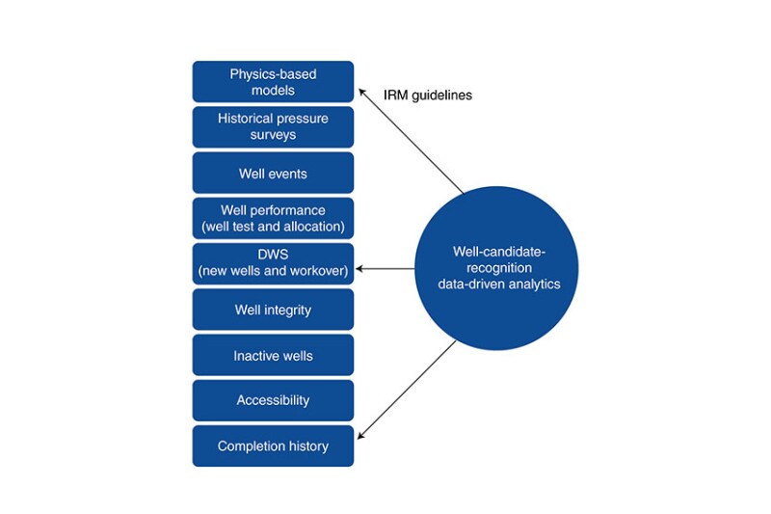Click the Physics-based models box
[x=273, y=82]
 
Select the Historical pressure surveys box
[x=273, y=127]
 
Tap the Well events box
[x=273, y=174]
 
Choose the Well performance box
[x=273, y=219]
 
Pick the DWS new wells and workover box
[x=273, y=263]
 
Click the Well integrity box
[x=273, y=310]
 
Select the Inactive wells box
[x=273, y=356]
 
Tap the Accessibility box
[x=273, y=400]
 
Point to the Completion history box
[x=273, y=446]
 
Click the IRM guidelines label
[x=428, y=96]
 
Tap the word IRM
[x=397, y=96]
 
